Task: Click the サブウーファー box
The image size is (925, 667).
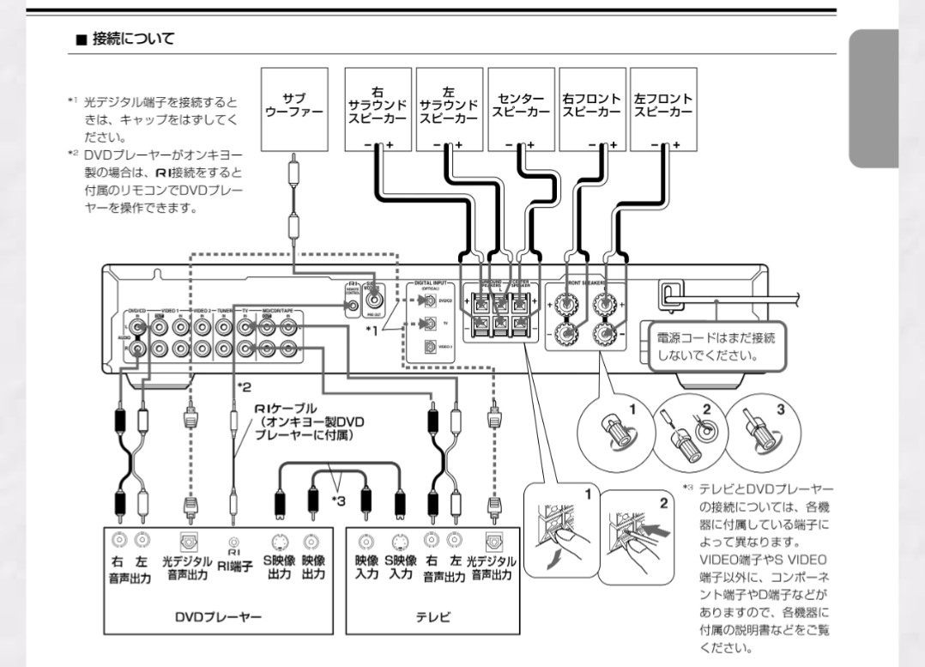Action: pos(294,106)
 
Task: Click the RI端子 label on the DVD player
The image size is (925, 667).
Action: pos(233,565)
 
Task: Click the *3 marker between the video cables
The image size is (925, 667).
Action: pos(338,499)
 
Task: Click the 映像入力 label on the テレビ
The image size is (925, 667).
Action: pos(366,567)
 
